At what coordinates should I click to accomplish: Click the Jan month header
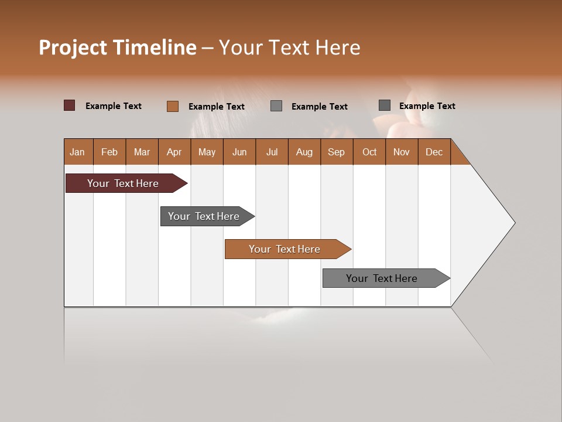(78, 152)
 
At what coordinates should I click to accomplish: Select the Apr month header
(174, 152)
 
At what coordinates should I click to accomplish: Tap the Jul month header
(272, 152)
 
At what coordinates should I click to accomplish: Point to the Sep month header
(336, 152)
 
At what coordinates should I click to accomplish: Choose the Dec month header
(434, 152)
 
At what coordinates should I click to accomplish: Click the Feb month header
(109, 152)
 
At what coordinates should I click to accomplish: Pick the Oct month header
(369, 152)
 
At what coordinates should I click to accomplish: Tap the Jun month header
(239, 152)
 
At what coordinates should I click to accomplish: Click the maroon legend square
(70, 105)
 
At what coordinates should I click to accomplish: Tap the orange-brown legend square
(173, 106)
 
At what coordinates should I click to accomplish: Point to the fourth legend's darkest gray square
(385, 105)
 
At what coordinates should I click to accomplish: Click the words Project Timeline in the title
(117, 47)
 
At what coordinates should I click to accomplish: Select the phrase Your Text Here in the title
(289, 47)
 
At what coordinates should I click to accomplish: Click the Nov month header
(402, 152)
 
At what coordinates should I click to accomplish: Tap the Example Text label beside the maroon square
(114, 106)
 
